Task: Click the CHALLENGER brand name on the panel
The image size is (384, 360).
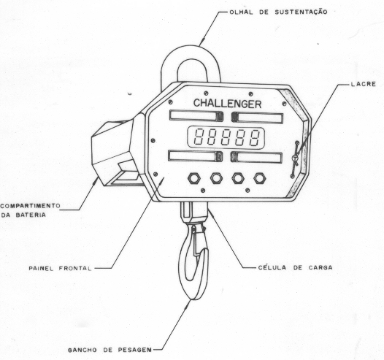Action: click(227, 104)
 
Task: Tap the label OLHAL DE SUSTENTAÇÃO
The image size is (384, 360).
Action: click(278, 12)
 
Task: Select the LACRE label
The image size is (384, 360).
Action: click(363, 84)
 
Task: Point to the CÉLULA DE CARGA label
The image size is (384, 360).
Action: click(295, 267)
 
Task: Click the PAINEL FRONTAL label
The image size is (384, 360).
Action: click(60, 268)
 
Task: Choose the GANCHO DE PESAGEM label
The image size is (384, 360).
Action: click(110, 350)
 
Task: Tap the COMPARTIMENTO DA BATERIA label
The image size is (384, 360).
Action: click(30, 210)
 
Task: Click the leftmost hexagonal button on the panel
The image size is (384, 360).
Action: click(194, 178)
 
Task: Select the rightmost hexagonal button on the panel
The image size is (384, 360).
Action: click(260, 178)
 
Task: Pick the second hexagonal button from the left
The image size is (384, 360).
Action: click(216, 178)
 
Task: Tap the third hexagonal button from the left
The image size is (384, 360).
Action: click(238, 178)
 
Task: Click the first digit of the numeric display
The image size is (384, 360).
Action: click(199, 137)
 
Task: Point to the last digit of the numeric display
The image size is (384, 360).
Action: click(255, 137)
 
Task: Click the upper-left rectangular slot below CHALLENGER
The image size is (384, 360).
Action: click(196, 115)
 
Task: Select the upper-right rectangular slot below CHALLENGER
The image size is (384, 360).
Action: click(257, 118)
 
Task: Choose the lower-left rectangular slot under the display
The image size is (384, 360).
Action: click(195, 156)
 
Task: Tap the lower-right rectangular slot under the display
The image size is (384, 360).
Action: click(256, 157)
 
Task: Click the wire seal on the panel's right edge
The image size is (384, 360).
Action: click(295, 158)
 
